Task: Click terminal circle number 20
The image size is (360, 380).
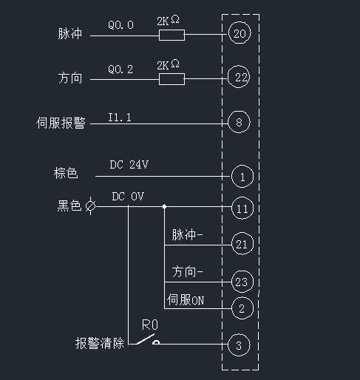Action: pos(238,34)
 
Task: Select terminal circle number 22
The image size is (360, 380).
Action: pos(238,78)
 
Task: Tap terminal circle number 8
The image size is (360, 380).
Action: pos(238,123)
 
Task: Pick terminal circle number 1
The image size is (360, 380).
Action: pos(242,177)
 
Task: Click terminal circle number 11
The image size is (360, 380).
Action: pos(242,208)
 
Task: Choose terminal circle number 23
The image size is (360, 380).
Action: pos(242,282)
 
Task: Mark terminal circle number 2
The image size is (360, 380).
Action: pos(242,307)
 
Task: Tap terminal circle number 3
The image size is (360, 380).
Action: pos(238,345)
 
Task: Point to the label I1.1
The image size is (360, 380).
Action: pos(120,116)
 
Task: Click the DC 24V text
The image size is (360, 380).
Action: pos(129,166)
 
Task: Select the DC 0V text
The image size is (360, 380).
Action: pos(127,197)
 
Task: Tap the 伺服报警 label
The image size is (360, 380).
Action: pos(61,123)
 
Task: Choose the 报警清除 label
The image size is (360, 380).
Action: pos(100,344)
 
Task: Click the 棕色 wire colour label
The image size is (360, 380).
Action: pos(66,174)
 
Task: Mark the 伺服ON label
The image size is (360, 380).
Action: pos(186,299)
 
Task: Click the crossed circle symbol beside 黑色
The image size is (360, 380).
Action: pos(90,207)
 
